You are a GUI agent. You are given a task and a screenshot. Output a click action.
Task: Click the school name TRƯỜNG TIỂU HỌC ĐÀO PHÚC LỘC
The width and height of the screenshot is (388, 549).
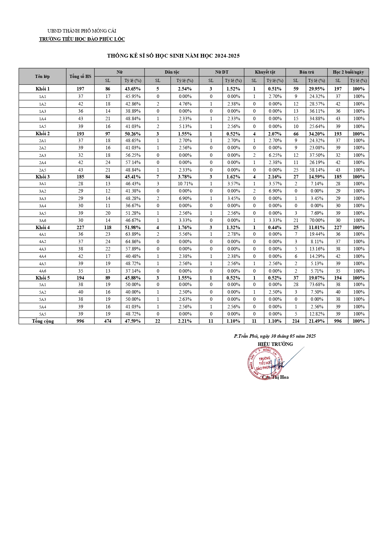tap(82, 39)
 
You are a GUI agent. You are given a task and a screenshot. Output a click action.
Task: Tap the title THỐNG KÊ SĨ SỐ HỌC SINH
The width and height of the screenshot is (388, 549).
tap(173, 56)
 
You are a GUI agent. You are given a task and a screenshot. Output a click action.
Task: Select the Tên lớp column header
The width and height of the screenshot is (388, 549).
tap(42, 76)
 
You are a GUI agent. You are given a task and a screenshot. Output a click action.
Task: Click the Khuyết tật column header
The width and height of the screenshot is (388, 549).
tap(265, 72)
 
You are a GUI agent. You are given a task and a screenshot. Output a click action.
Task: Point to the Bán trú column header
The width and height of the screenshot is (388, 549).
tap(306, 72)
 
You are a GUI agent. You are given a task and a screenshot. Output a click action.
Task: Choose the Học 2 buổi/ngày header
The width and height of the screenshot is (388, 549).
tap(348, 72)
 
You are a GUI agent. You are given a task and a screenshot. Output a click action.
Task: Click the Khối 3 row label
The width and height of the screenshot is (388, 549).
tap(43, 177)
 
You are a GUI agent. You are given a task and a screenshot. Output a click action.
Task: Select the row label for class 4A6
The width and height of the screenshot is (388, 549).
tap(43, 271)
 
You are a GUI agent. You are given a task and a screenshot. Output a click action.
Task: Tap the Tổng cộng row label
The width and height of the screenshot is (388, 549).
tap(43, 321)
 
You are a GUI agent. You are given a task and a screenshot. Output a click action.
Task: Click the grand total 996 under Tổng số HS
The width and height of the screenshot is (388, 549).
tap(80, 321)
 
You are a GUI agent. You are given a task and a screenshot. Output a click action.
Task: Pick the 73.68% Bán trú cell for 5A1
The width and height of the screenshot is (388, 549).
tap(317, 285)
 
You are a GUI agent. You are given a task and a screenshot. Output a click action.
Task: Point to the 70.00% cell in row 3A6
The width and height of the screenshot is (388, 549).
tap(317, 220)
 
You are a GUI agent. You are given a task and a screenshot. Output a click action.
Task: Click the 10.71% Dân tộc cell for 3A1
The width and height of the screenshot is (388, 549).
tap(185, 184)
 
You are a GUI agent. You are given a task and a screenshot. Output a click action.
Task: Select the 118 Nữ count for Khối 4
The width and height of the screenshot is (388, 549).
tap(108, 228)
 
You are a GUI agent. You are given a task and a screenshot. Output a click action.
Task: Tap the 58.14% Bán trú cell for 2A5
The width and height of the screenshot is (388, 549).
tap(317, 170)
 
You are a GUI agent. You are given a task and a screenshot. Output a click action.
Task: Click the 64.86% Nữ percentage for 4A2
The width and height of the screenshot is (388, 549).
tap(133, 242)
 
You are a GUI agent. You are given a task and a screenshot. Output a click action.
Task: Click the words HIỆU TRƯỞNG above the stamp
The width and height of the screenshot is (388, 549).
tap(275, 344)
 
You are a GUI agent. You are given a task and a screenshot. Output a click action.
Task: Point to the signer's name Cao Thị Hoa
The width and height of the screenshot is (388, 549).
tap(275, 377)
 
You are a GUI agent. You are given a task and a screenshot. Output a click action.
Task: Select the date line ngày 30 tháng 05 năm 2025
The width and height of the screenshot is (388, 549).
tap(275, 336)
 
